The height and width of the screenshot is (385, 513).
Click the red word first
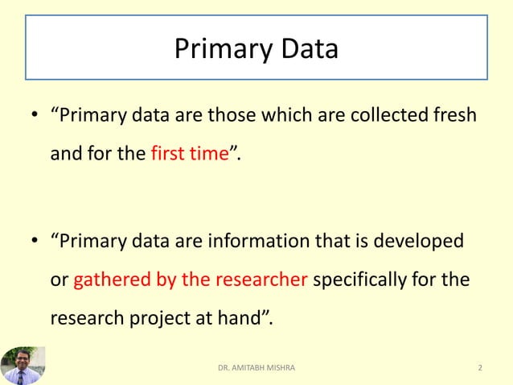tap(167, 154)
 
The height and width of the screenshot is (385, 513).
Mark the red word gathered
tap(109, 280)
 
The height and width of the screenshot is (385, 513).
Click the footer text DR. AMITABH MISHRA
tap(256, 368)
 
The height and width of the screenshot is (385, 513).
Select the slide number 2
tap(480, 368)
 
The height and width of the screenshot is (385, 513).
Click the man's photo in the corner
tap(23, 365)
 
